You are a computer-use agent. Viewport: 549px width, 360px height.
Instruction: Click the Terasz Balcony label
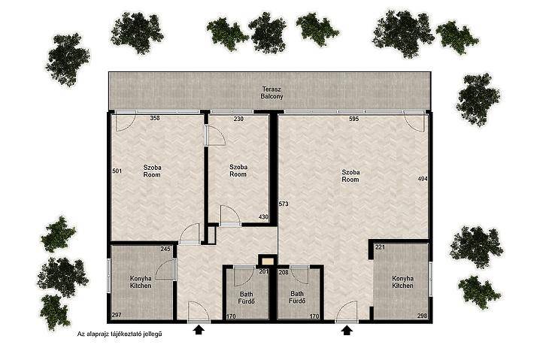(x=271, y=92)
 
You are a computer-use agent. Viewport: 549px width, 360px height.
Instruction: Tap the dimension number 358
(x=155, y=118)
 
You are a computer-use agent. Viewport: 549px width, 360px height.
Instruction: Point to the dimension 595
(x=354, y=119)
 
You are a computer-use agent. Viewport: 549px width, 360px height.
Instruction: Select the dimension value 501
(x=117, y=171)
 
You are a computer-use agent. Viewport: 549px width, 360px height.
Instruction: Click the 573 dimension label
(x=284, y=204)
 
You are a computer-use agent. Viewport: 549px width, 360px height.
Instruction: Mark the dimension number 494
(x=423, y=179)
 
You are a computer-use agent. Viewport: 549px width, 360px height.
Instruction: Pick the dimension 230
(x=238, y=119)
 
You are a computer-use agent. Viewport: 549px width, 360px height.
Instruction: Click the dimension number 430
(x=263, y=217)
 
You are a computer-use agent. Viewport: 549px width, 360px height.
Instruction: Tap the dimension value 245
(x=165, y=249)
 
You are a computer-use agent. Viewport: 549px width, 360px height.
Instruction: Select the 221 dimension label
(x=380, y=247)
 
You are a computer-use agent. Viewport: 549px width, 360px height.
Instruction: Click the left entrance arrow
(x=199, y=330)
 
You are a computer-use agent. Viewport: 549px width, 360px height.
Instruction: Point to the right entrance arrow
(x=347, y=330)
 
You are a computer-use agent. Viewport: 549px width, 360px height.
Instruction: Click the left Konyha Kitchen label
(x=141, y=282)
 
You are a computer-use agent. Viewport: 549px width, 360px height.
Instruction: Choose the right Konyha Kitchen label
(x=402, y=282)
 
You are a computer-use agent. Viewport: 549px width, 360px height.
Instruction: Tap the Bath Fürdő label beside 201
(x=247, y=298)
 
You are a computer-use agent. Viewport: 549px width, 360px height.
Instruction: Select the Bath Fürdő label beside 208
(x=297, y=298)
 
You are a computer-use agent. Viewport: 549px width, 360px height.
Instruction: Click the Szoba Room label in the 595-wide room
(x=350, y=176)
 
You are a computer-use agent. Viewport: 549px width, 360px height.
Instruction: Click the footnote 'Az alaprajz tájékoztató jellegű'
(x=120, y=334)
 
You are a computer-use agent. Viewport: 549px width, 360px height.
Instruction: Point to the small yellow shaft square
(x=268, y=261)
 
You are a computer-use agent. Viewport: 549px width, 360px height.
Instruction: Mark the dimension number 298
(x=422, y=316)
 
